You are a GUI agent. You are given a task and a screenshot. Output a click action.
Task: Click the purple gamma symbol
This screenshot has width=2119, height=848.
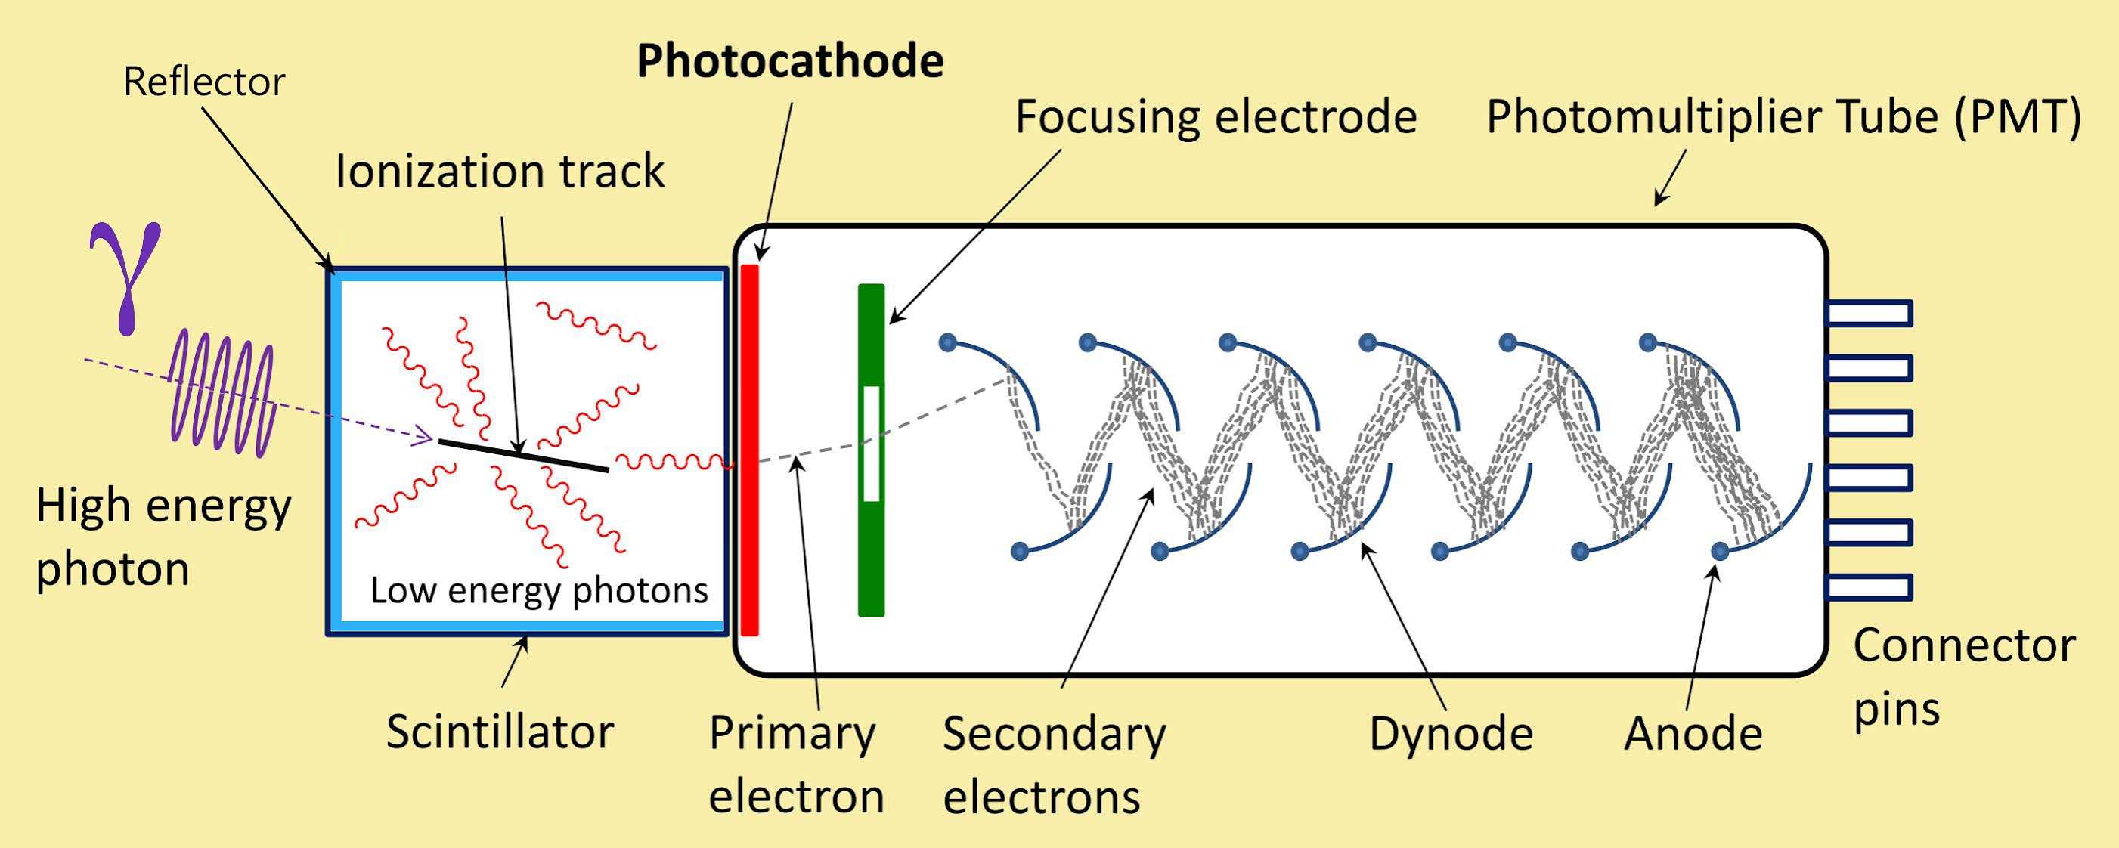(x=125, y=276)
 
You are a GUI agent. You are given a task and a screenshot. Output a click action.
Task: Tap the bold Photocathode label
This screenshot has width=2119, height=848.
(x=790, y=62)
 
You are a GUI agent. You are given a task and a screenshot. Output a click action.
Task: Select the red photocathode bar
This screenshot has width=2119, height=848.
(x=749, y=450)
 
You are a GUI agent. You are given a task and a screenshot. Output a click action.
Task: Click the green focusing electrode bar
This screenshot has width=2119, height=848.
(x=871, y=345)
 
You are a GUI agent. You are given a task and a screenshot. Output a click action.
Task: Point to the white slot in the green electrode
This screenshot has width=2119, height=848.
(x=871, y=444)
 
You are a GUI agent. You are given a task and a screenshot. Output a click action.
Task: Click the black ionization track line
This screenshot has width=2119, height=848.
(x=523, y=455)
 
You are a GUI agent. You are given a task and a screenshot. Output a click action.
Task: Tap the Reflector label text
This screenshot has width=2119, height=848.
(x=204, y=82)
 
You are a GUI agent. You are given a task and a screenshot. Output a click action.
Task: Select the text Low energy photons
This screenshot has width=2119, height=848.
(x=539, y=590)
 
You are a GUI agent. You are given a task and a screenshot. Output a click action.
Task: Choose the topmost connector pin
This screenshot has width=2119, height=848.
(x=1868, y=314)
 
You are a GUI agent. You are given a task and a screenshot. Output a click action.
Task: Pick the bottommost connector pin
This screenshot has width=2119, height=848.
(x=1868, y=587)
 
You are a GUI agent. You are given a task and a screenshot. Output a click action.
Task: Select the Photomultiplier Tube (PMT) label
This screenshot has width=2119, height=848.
(x=1783, y=117)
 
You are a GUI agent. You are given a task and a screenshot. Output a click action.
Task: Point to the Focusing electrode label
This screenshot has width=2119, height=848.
(x=1216, y=117)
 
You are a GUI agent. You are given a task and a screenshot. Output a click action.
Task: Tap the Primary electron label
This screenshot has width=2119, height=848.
(x=795, y=765)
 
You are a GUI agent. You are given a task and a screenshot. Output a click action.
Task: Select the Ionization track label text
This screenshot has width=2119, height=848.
(x=499, y=172)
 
